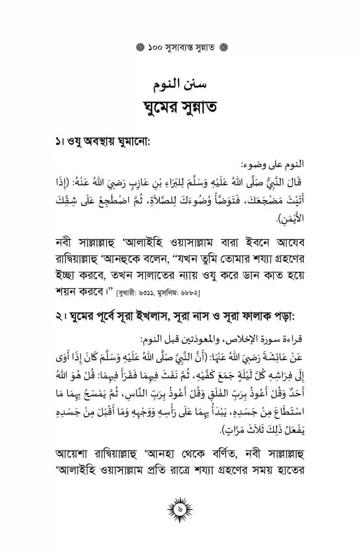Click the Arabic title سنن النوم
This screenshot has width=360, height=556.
click(180, 86)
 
